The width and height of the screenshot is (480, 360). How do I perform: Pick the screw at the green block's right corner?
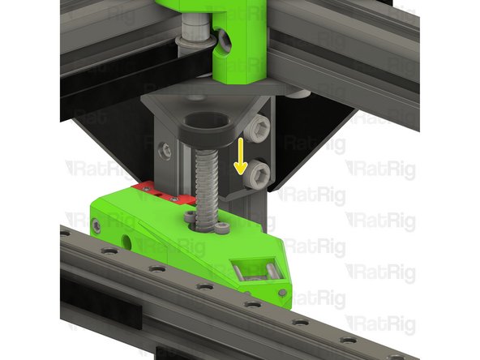pyautogui.click(x=281, y=291)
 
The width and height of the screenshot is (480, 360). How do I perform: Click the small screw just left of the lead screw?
pyautogui.click(x=189, y=216)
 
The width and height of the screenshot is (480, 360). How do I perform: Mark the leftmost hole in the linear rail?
pyautogui.click(x=64, y=233)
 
